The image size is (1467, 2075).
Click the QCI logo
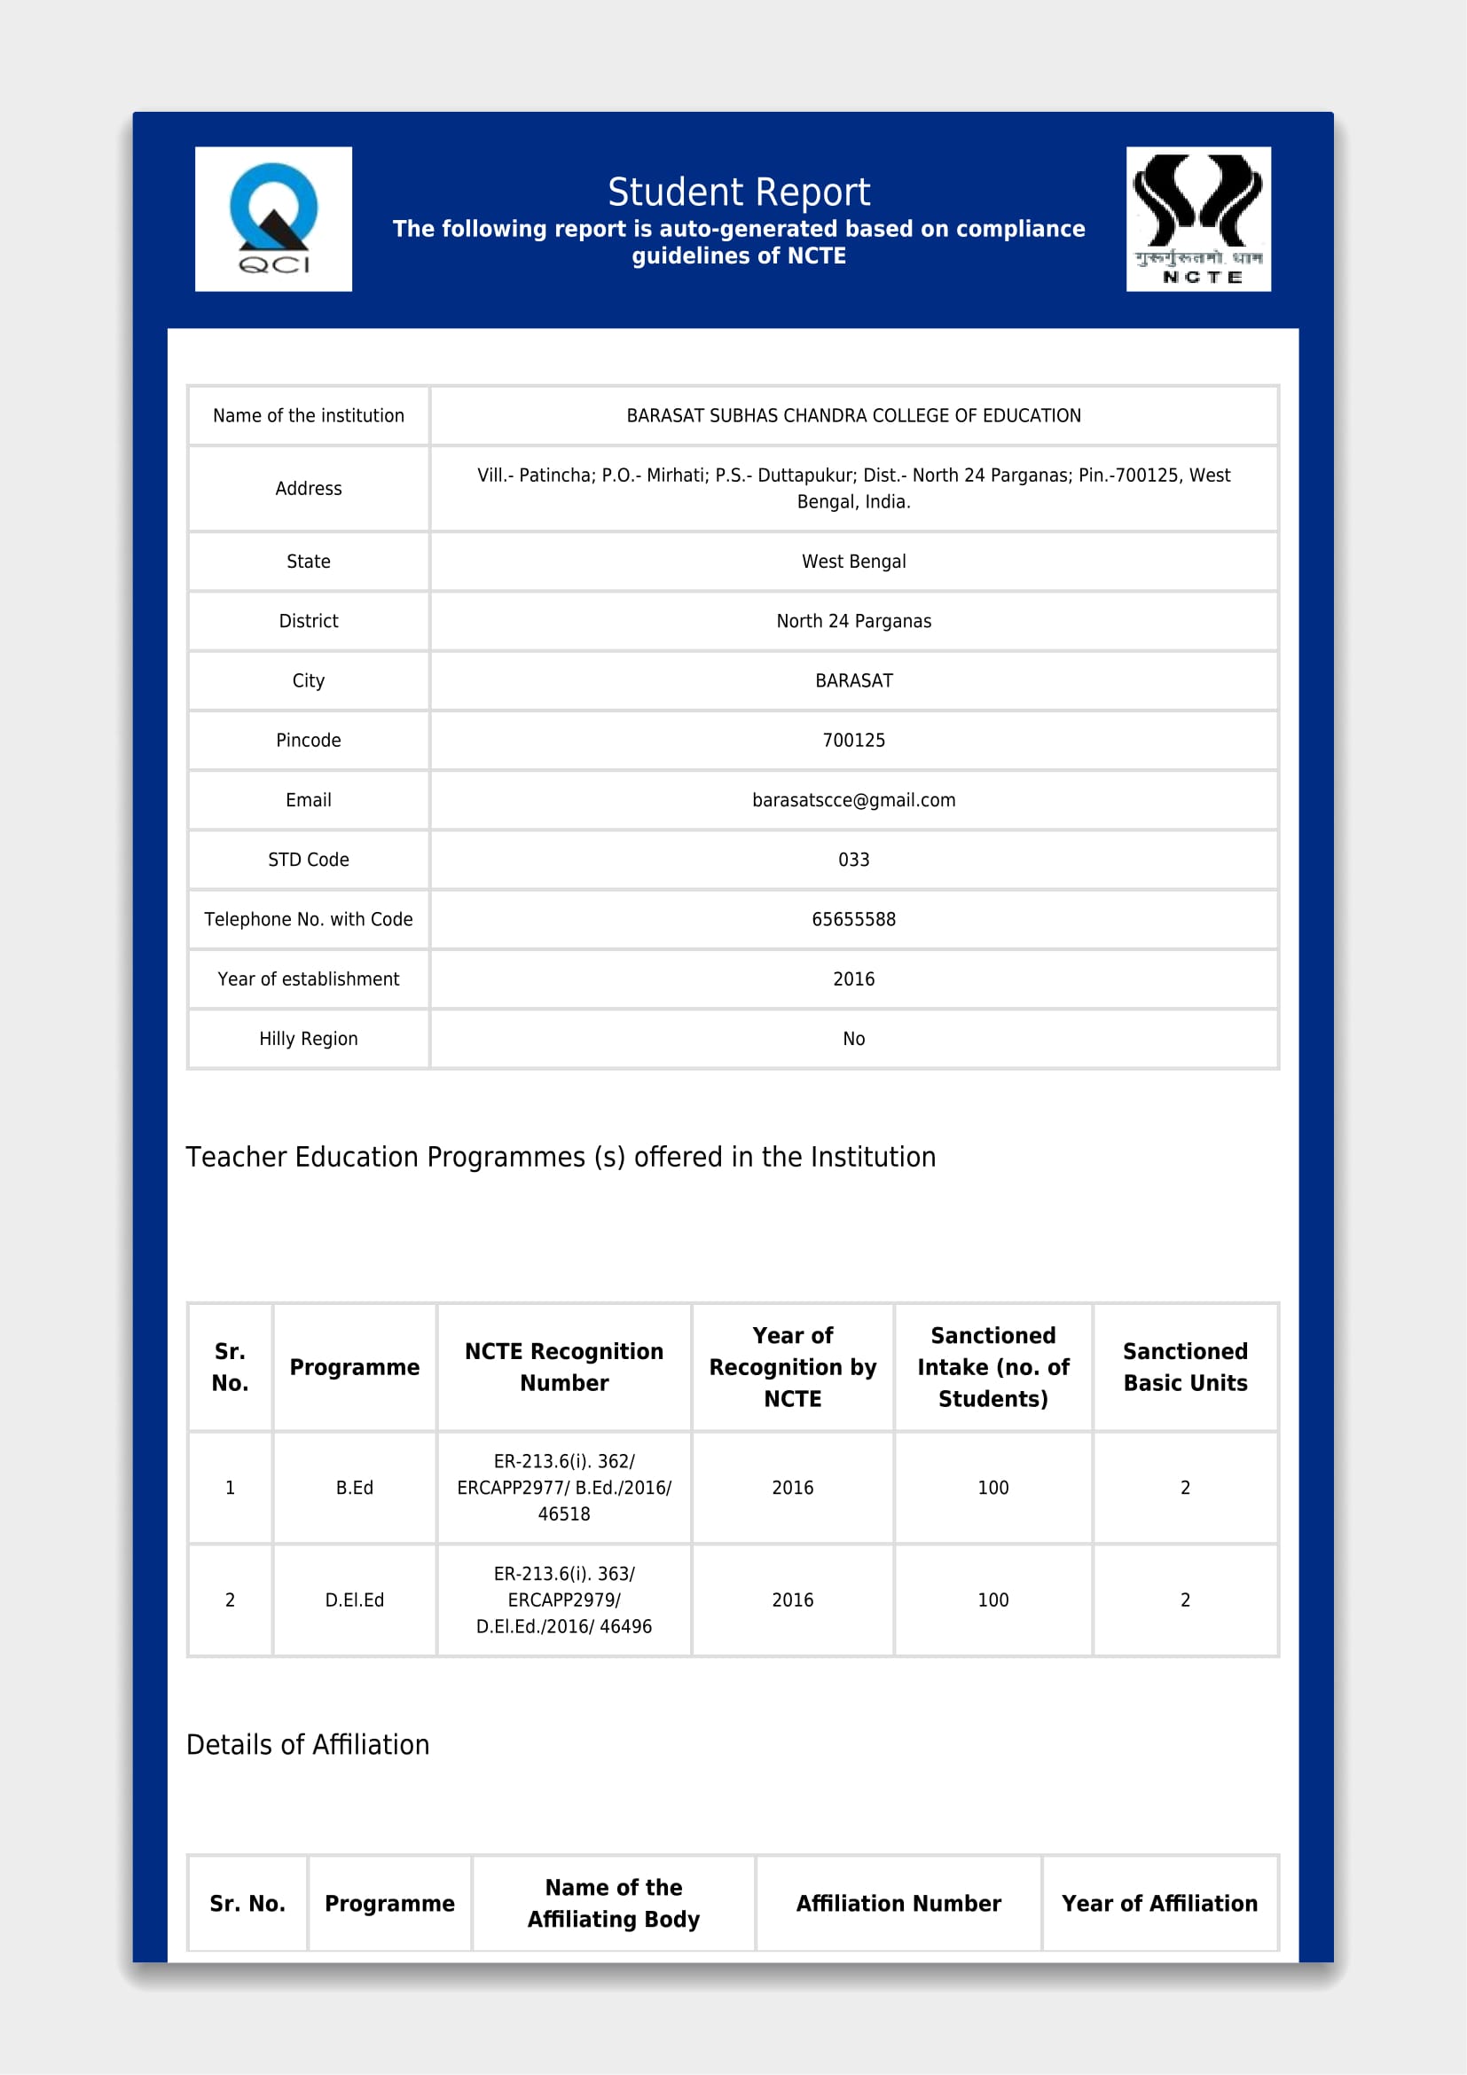(273, 219)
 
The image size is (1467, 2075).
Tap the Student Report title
(738, 192)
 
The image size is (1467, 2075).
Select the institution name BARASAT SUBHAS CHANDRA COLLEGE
(852, 416)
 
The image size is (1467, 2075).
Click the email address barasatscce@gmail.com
(852, 800)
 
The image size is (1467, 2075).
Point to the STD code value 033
(852, 860)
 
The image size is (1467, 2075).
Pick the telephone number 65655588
(852, 919)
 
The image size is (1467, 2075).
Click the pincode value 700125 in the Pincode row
(852, 740)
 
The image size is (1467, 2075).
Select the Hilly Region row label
(308, 1039)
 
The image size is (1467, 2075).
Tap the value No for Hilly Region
(852, 1039)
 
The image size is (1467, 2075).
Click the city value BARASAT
(852, 680)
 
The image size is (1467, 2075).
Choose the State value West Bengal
(852, 562)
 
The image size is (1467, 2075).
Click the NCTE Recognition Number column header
(564, 1366)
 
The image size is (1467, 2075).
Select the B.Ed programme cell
(354, 1488)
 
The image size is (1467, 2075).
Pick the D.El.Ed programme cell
(354, 1599)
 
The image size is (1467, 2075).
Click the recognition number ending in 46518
(564, 1488)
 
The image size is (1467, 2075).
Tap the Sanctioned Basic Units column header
(1184, 1366)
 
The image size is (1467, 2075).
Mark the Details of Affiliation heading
(307, 1744)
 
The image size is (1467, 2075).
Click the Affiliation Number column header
(898, 1903)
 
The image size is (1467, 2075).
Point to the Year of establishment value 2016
(852, 979)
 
